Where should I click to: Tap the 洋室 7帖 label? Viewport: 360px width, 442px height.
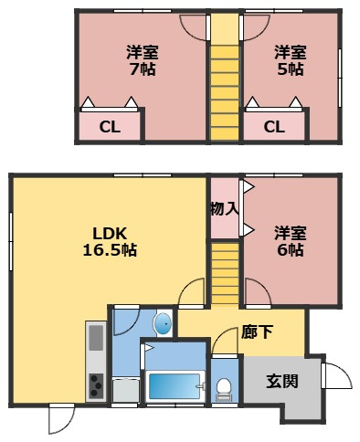[141, 60]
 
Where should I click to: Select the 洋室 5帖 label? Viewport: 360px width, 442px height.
[291, 60]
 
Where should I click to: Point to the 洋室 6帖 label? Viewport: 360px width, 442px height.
[290, 240]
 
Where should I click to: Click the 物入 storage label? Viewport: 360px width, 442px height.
[225, 208]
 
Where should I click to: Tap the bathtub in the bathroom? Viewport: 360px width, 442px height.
[174, 385]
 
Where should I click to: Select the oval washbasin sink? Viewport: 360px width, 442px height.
[162, 322]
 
